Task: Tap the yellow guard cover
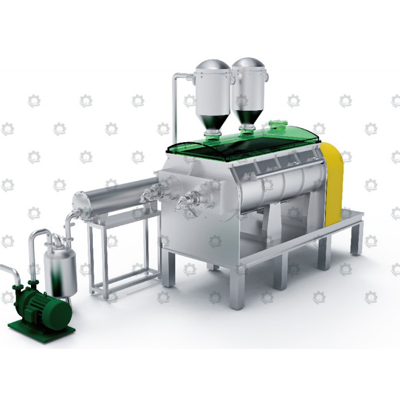coord(332,182)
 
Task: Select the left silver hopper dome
coord(213,68)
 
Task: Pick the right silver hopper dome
coord(249,66)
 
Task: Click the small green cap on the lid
coord(277,126)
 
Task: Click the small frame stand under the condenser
coord(122,255)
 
